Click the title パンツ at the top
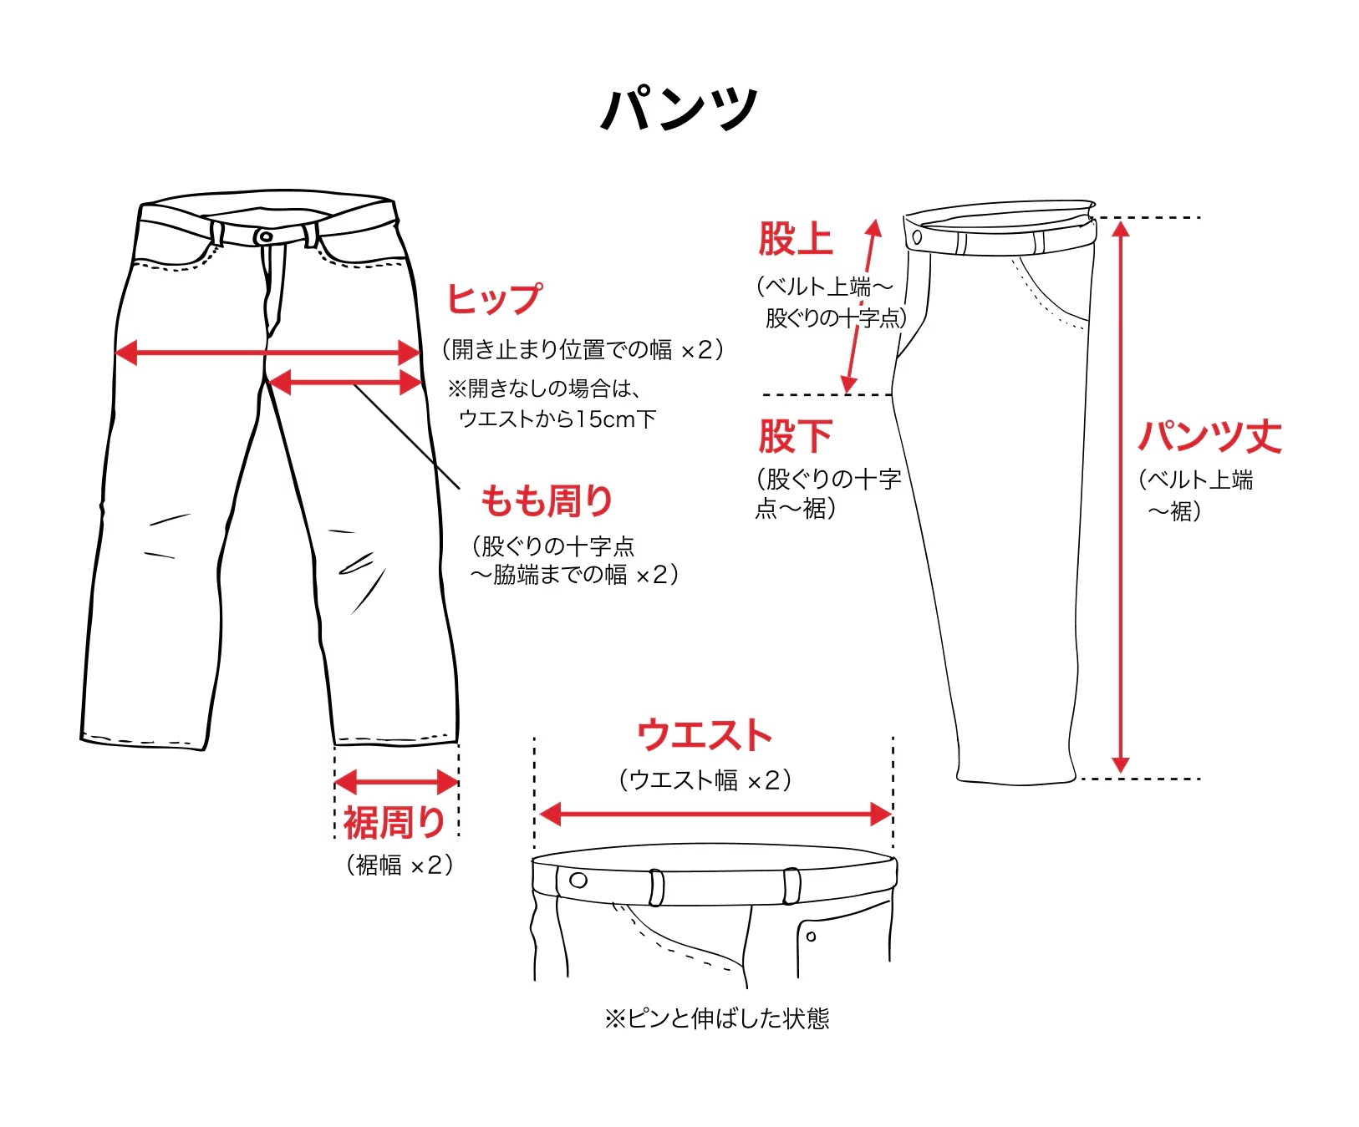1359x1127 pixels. [679, 109]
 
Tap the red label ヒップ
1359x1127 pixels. [493, 298]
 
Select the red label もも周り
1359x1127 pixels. [547, 500]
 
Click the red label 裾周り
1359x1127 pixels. [394, 822]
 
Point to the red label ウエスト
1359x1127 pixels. [704, 735]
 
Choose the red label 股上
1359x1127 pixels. [795, 239]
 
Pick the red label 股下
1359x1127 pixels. [795, 435]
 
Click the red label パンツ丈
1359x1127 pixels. [1209, 436]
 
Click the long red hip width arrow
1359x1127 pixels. [267, 353]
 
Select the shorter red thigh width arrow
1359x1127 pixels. [345, 383]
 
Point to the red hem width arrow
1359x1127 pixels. [396, 783]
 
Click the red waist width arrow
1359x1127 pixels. [715, 814]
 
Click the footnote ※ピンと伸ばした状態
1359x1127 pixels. [717, 1018]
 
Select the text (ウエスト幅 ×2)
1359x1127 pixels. [705, 780]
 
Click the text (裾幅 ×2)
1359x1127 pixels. [400, 865]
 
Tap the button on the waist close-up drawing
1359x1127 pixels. [578, 880]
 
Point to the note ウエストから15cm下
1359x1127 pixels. [557, 419]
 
